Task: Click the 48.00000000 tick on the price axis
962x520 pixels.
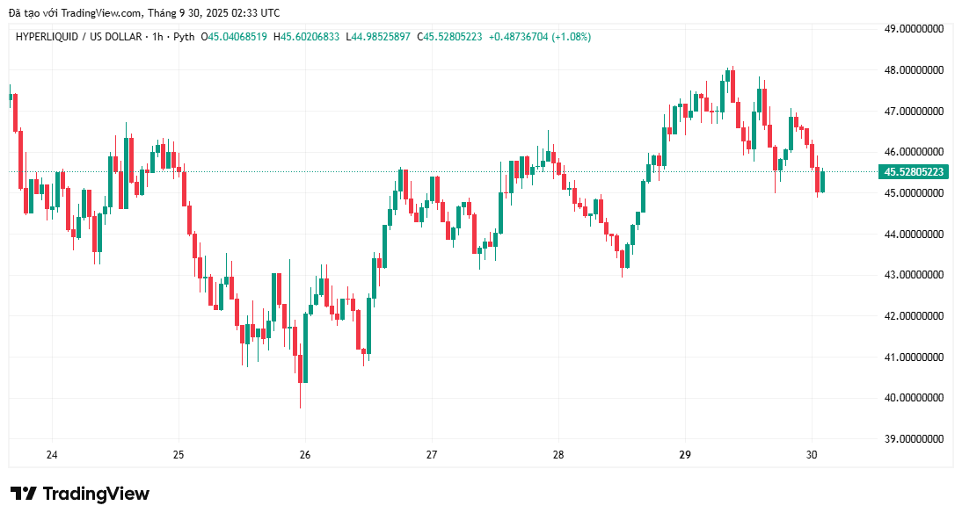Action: click(x=914, y=69)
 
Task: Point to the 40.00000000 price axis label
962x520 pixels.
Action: click(x=914, y=398)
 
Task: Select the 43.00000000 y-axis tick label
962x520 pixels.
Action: click(x=914, y=275)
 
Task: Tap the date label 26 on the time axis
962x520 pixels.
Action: click(x=305, y=455)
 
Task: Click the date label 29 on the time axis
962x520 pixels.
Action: click(x=685, y=455)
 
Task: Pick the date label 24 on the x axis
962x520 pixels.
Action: click(x=52, y=455)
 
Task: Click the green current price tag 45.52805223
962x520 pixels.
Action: click(x=915, y=172)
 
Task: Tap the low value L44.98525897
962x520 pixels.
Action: click(x=379, y=37)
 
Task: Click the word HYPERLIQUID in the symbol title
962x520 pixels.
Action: click(x=45, y=37)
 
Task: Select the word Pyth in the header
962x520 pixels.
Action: click(x=183, y=37)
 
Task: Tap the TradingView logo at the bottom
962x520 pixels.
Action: click(x=80, y=494)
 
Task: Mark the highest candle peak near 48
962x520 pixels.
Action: click(x=730, y=69)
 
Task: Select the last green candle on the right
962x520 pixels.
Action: click(x=823, y=180)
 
